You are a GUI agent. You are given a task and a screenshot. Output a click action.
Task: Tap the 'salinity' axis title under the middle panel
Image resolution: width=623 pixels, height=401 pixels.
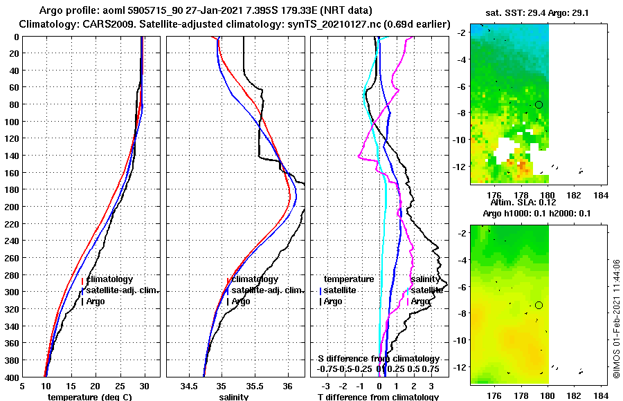pyautogui.click(x=234, y=397)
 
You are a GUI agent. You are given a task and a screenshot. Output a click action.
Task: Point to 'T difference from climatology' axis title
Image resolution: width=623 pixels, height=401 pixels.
pyautogui.click(x=378, y=397)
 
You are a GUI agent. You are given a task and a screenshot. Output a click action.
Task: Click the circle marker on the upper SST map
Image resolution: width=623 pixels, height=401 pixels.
pyautogui.click(x=539, y=104)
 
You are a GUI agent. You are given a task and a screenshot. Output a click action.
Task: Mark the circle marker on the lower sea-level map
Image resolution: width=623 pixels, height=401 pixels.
pyautogui.click(x=539, y=305)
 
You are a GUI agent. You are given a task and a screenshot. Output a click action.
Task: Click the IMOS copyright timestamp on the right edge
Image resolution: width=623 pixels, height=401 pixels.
pyautogui.click(x=616, y=325)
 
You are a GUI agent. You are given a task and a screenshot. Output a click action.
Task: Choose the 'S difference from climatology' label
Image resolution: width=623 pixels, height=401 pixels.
pyautogui.click(x=378, y=359)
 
